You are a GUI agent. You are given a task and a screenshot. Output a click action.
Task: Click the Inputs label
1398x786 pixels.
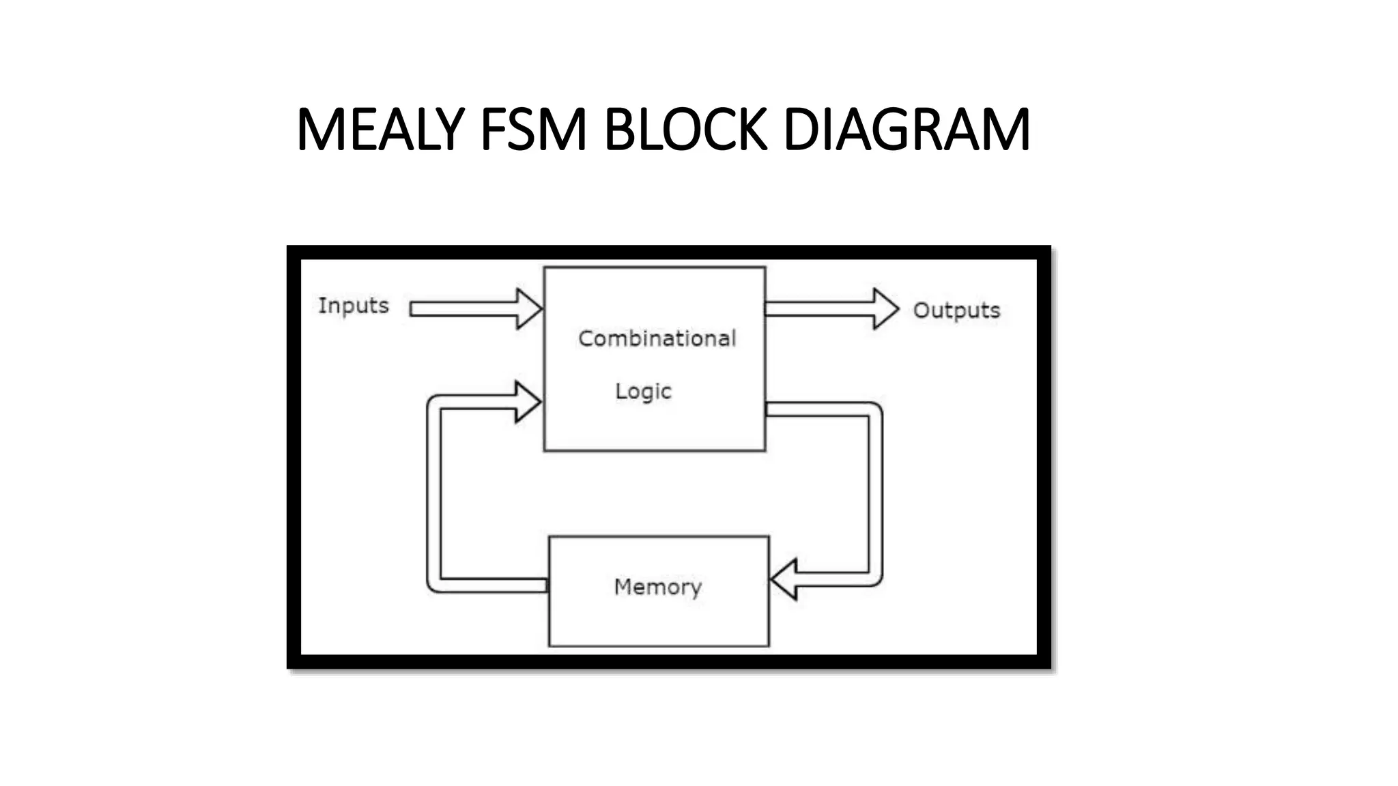(x=353, y=305)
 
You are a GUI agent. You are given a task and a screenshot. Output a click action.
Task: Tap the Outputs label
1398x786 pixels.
(x=956, y=310)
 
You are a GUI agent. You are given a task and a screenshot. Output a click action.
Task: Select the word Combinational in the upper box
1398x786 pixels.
(x=657, y=338)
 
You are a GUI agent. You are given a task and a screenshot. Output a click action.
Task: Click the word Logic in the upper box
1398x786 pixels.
(x=643, y=391)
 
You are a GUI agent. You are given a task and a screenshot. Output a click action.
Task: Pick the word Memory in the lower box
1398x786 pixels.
(x=657, y=587)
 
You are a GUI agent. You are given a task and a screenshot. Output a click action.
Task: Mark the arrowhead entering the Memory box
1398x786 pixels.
(x=785, y=579)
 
